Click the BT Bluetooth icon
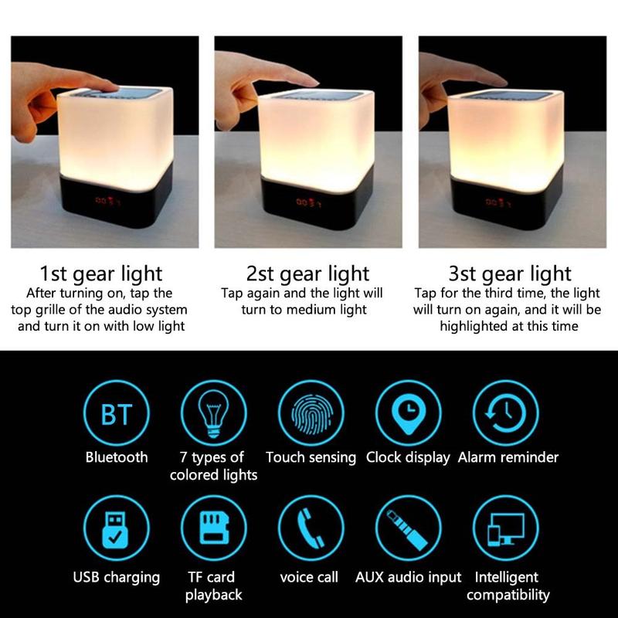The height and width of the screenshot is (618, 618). [117, 413]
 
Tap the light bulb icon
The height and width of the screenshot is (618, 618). [214, 413]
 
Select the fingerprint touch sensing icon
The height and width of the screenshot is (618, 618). [311, 413]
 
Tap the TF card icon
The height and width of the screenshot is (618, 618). [214, 528]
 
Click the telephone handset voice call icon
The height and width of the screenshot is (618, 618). [311, 528]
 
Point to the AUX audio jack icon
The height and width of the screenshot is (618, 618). [409, 528]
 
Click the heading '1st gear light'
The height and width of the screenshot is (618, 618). [101, 274]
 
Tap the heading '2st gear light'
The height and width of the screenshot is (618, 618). [307, 274]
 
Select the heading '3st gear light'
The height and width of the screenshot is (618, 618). [510, 274]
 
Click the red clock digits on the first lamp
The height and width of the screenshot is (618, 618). [107, 202]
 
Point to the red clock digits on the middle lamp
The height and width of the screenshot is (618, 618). [308, 202]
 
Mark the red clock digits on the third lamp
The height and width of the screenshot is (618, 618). [498, 202]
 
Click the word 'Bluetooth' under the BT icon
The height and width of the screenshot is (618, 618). [117, 457]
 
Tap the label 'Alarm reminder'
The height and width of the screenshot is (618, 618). [508, 457]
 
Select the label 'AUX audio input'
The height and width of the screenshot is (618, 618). [408, 577]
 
